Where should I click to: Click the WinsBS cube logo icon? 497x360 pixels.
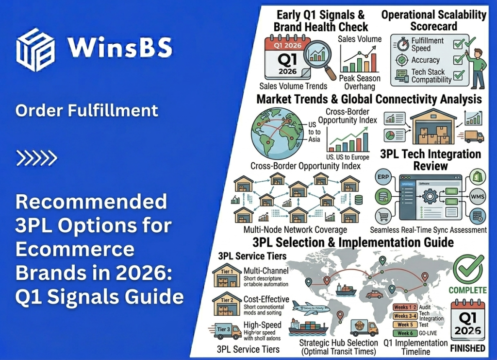point(35,50)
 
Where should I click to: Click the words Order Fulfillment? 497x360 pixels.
point(87,110)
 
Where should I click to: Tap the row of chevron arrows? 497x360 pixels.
point(37,157)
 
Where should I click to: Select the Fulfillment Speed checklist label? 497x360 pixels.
point(427,44)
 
